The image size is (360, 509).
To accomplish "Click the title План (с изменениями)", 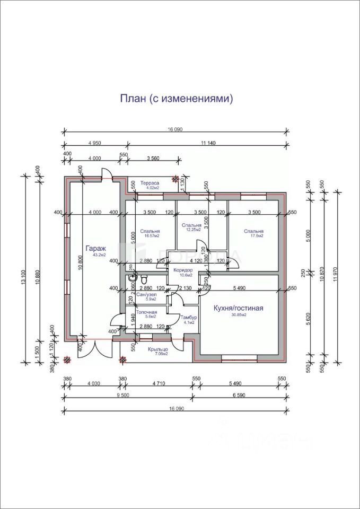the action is click(177, 99).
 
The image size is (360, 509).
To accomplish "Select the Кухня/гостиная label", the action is click(238, 308).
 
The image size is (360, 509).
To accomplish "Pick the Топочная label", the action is click(146, 312).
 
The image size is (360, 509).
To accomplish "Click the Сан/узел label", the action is click(146, 294).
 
